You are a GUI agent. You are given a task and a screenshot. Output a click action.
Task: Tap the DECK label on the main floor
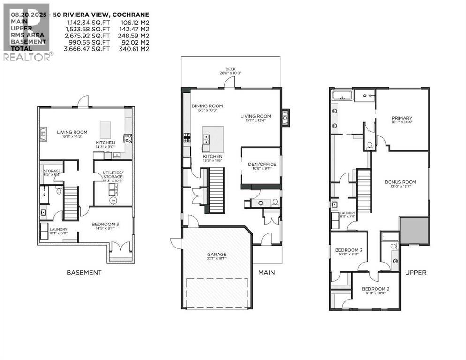[231, 69]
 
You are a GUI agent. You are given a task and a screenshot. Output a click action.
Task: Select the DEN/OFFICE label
[262, 164]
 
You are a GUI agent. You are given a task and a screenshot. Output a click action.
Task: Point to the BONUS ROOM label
[400, 182]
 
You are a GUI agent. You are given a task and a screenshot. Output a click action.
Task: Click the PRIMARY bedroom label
[402, 118]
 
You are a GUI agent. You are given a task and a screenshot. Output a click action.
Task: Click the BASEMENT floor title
[84, 272]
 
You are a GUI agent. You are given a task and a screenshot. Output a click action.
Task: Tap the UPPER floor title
[415, 272]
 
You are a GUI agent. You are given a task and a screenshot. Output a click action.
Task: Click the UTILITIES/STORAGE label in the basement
[113, 175]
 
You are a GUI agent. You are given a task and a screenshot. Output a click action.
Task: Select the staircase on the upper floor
[364, 192]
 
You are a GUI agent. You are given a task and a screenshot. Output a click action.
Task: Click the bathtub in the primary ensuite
[343, 96]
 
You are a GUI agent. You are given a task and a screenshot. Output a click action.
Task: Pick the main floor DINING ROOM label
[207, 106]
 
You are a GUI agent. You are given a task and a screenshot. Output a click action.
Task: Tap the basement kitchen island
[105, 129]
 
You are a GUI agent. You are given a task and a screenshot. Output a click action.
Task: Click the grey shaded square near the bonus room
[414, 230]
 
